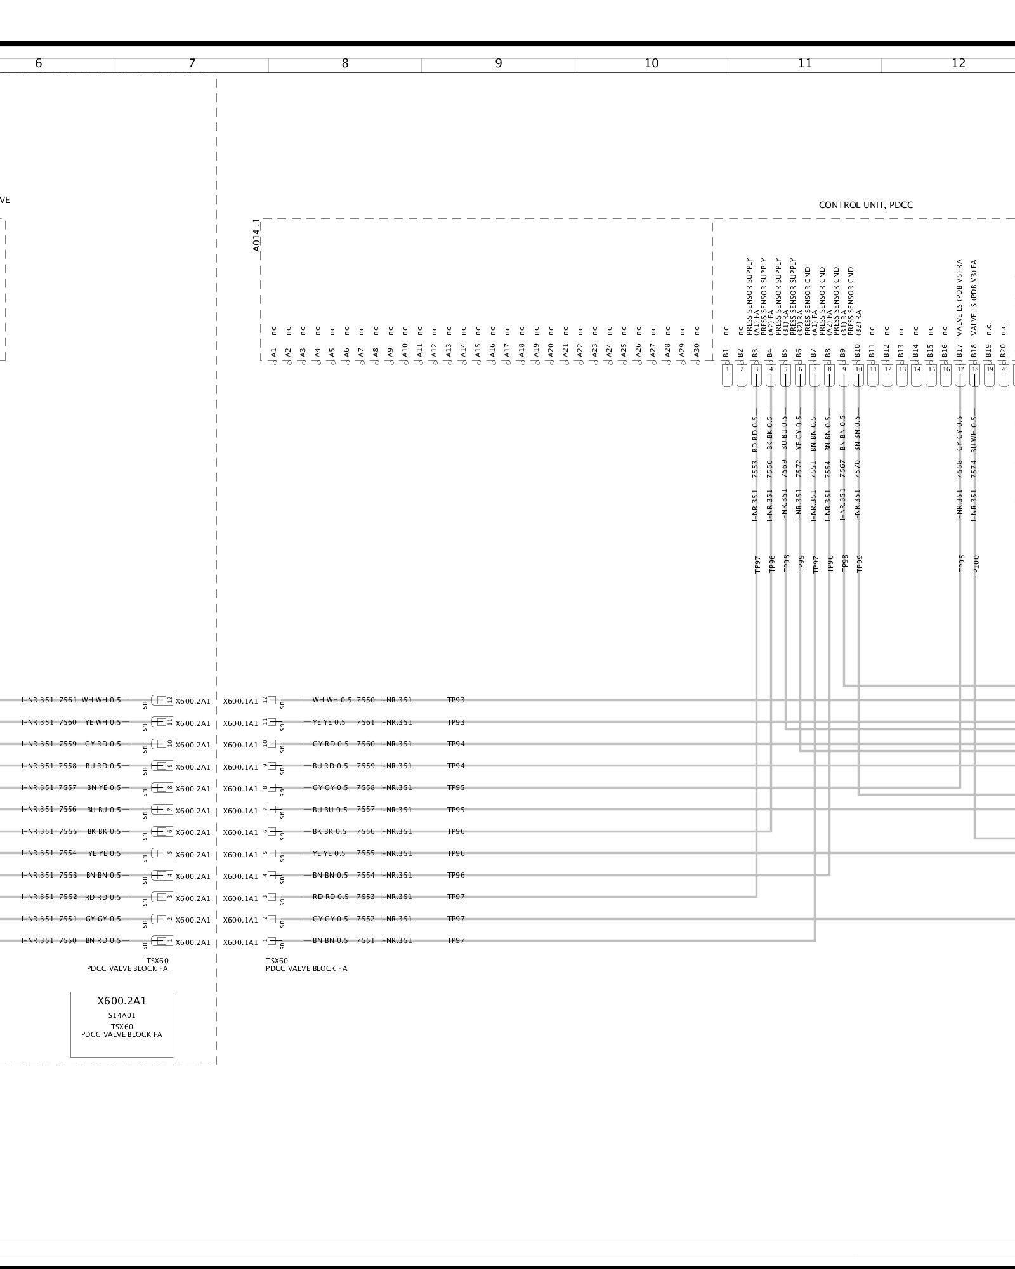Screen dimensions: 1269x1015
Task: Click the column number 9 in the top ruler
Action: pos(499,63)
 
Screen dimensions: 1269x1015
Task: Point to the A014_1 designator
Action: pos(257,235)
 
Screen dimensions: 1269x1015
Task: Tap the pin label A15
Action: pos(478,352)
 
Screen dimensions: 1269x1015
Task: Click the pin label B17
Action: pos(960,352)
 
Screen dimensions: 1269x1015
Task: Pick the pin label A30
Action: pos(697,352)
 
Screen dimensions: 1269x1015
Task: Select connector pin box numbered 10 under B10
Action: pos(858,369)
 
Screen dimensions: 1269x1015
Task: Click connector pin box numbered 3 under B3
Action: pos(756,369)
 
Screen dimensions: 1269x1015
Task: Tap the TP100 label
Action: pos(976,565)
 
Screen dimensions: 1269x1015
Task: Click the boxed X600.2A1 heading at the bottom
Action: pos(122,1001)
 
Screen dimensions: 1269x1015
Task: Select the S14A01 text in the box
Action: pos(122,1015)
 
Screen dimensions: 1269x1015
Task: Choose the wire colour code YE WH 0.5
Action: pos(103,722)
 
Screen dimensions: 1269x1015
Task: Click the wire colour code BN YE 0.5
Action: pos(103,787)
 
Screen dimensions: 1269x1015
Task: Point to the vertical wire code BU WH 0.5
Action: pos(974,433)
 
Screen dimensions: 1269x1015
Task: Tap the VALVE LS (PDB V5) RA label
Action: pos(960,297)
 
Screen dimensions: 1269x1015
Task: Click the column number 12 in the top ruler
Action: pos(958,63)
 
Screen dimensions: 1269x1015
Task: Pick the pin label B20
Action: pos(1004,352)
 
